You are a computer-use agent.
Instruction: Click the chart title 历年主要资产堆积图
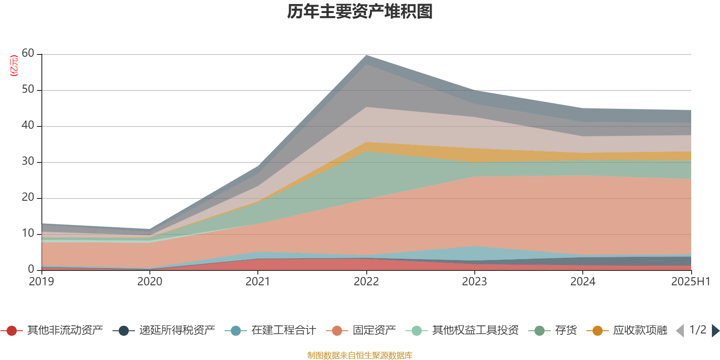(360, 12)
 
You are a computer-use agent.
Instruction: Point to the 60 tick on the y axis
(28, 54)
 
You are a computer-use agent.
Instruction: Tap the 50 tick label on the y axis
(28, 90)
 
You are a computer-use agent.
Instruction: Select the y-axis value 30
(28, 162)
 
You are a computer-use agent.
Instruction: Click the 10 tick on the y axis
(28, 234)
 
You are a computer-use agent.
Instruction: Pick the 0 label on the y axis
(31, 269)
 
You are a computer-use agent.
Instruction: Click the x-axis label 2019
(41, 282)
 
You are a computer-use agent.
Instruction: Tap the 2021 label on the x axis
(258, 282)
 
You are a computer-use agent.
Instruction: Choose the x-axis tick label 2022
(366, 282)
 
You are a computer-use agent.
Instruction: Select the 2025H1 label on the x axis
(690, 282)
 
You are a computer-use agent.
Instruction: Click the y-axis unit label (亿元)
(14, 66)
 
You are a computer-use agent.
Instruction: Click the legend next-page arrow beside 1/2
(715, 331)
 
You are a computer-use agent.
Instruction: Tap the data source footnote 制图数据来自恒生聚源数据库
(360, 355)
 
